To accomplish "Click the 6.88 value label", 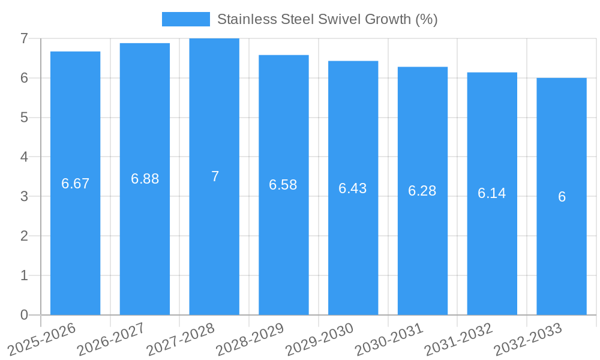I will coord(145,179).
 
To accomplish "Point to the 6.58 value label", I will coord(283,185).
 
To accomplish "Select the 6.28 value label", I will coord(422,191).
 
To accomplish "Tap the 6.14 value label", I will coord(492,193).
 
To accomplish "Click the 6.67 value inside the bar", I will coord(76,184).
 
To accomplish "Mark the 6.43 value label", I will coord(353,188).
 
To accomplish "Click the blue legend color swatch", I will coord(186,19).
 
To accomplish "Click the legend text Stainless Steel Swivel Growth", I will coord(327,19).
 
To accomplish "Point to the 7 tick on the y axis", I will coord(24,38).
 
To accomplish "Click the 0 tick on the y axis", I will coord(24,315).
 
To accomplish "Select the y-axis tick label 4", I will coord(24,157).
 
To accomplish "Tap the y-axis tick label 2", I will coord(24,236).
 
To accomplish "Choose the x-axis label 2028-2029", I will coord(249,339).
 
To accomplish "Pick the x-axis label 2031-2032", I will coord(458,339).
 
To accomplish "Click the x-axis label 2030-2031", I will coord(388,339).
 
